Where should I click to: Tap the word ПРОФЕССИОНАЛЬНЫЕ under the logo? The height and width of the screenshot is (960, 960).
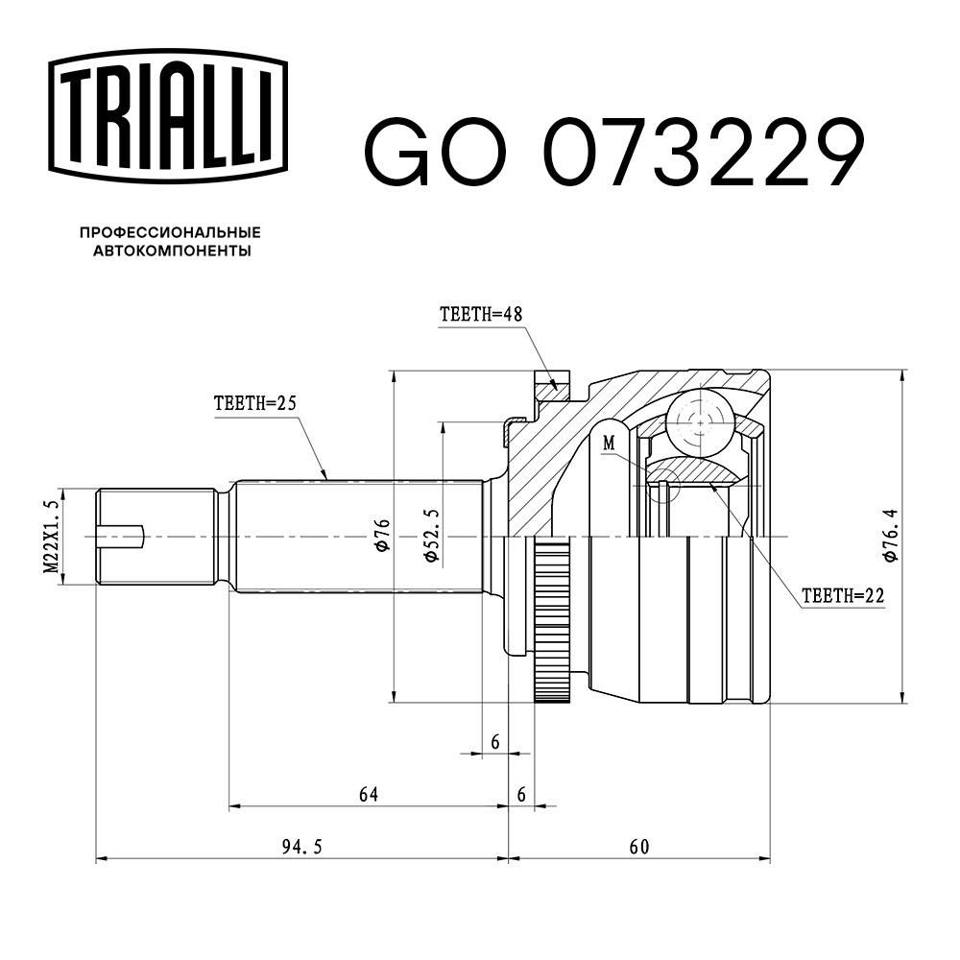170,232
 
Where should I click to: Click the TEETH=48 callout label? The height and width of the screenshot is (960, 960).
479,314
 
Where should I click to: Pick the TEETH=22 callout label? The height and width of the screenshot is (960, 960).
841,595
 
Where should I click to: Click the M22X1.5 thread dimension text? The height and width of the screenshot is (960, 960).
51,537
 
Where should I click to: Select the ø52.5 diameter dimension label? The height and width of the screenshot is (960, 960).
431,538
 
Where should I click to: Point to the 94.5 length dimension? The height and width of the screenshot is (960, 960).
301,846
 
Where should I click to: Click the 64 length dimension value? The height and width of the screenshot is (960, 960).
368,794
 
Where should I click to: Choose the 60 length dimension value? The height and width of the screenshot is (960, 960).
639,846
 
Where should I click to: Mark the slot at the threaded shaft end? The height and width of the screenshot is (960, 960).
123,536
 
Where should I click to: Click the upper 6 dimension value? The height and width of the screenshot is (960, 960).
495,741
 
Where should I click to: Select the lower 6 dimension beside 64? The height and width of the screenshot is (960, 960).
521,794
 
